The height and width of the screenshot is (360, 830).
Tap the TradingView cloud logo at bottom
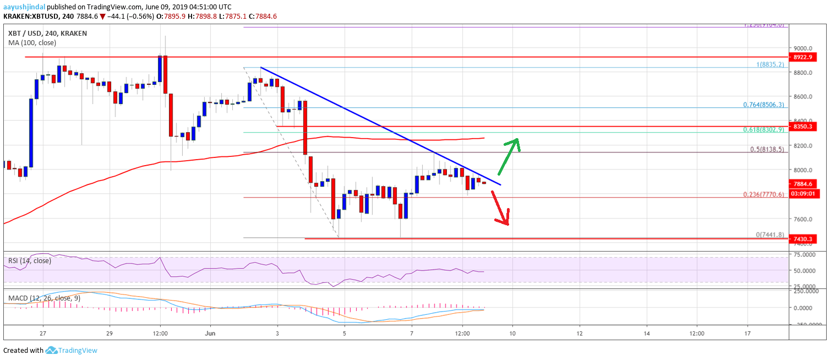tap(52, 350)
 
